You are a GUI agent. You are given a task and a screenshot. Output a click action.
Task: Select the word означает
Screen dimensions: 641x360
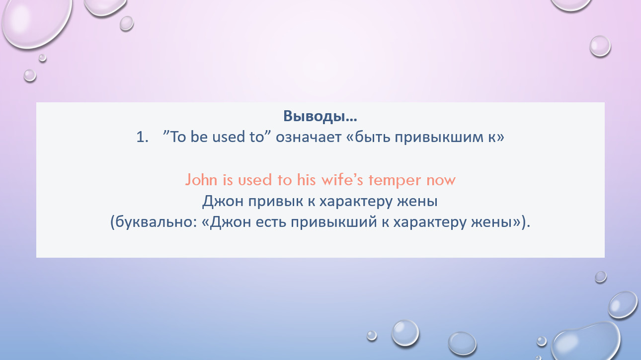coord(309,138)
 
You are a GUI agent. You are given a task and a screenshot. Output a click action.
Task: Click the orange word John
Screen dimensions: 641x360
coord(201,180)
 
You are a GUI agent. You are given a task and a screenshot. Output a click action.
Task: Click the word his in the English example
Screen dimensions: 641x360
coord(306,180)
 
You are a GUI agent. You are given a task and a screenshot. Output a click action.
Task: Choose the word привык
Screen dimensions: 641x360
coord(276,201)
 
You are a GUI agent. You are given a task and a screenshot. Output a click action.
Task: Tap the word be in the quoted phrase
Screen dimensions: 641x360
coord(199,137)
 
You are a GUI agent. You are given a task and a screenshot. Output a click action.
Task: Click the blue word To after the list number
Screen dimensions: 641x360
coord(178,137)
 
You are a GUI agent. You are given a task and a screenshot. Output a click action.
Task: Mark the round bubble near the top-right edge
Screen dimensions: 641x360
coord(600,46)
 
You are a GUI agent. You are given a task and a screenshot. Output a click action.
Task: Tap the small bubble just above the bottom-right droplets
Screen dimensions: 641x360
coord(601,277)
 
